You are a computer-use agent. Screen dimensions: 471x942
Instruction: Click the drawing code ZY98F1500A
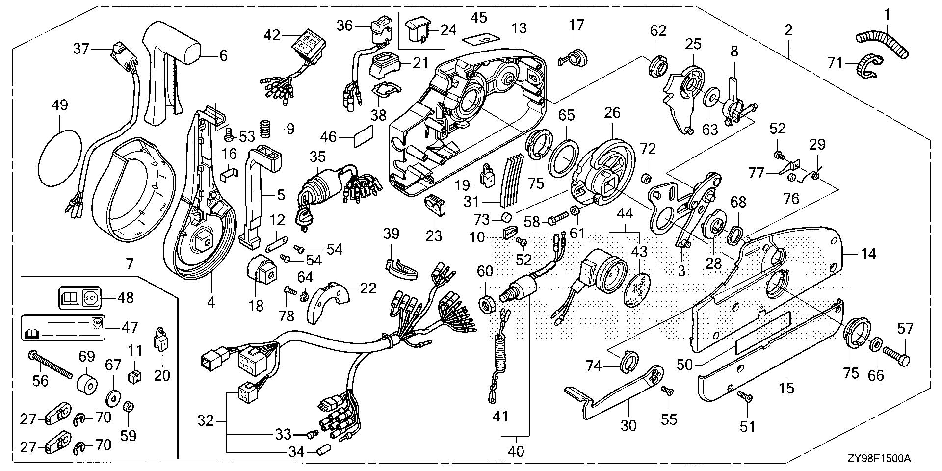click(878, 459)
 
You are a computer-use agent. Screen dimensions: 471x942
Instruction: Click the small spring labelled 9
click(266, 130)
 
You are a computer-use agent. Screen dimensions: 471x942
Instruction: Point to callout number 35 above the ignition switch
click(317, 157)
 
